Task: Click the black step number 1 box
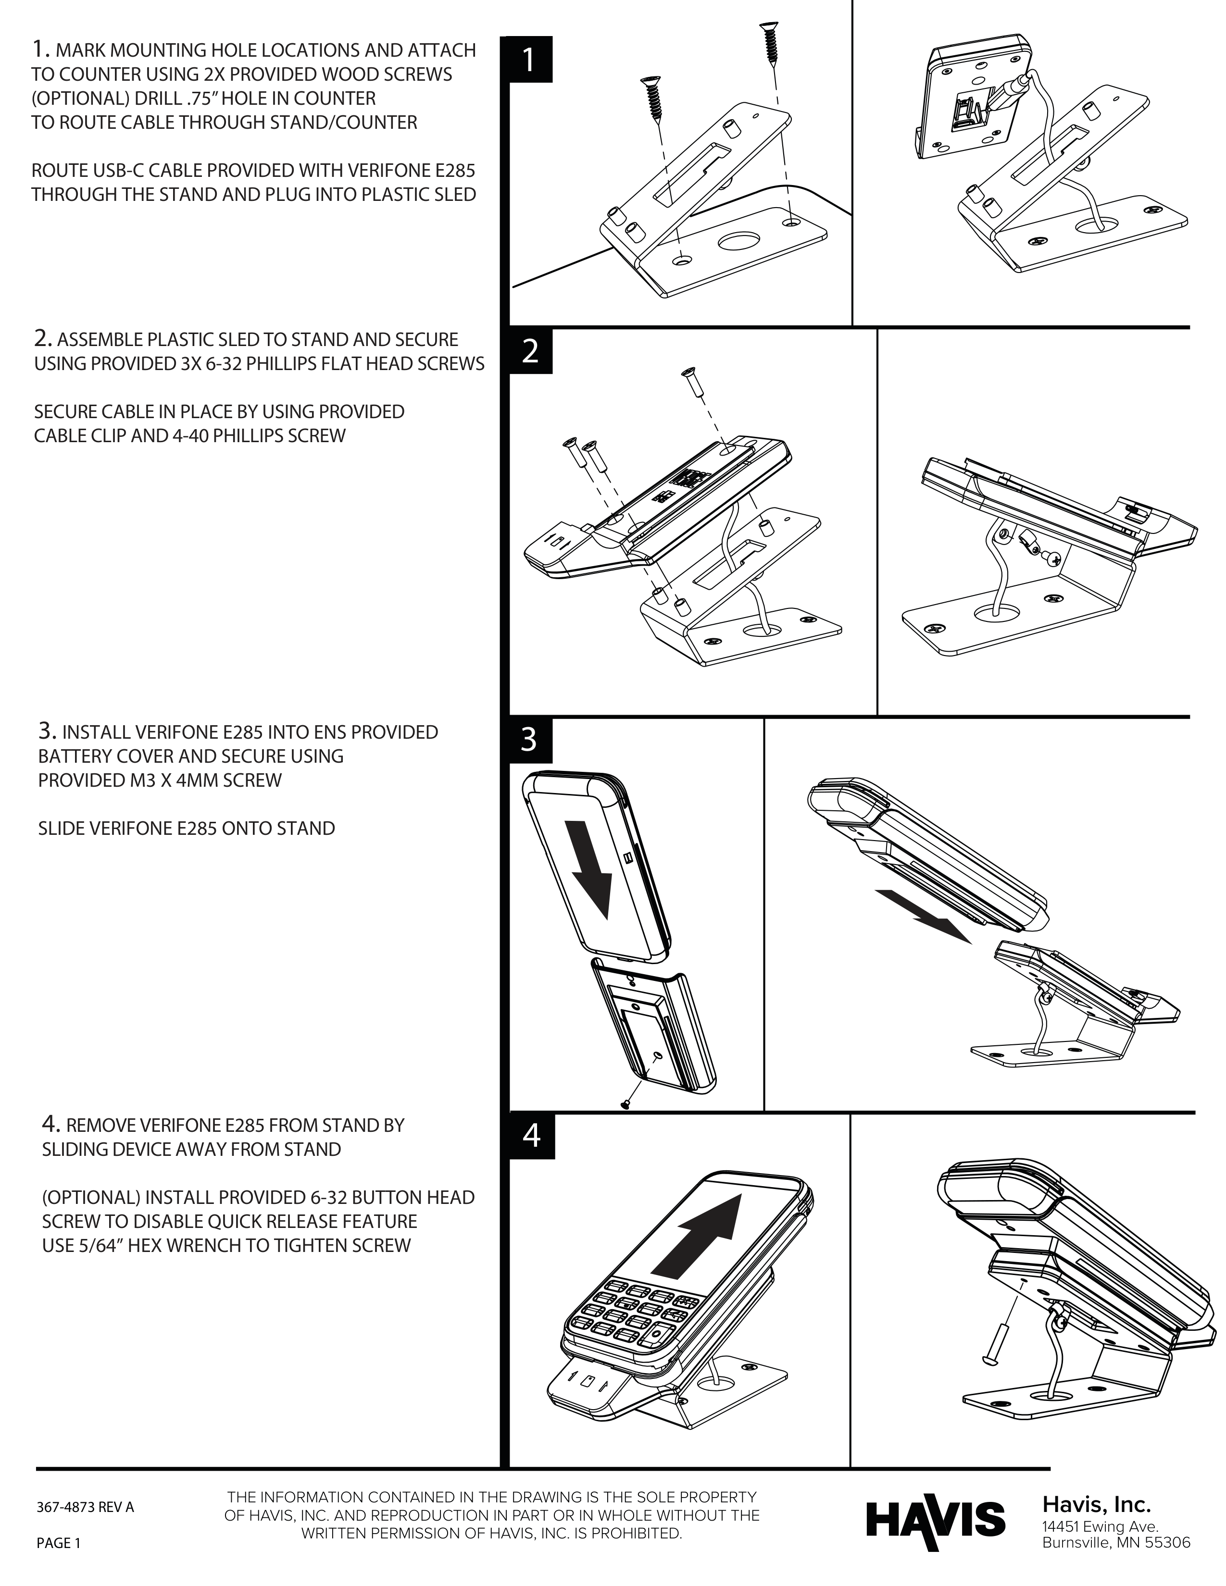coord(530,60)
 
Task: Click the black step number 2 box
coord(530,352)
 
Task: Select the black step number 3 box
coord(530,740)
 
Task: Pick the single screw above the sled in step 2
coord(691,383)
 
